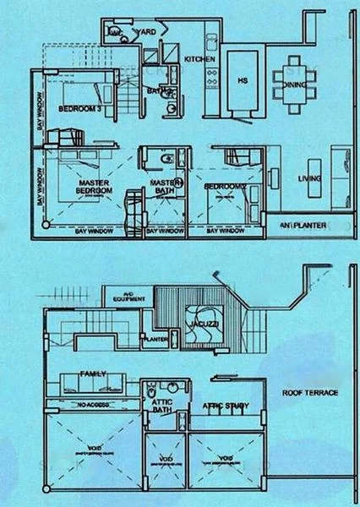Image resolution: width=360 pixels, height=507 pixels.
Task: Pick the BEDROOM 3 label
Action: click(81, 110)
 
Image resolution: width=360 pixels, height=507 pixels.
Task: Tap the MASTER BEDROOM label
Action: click(95, 187)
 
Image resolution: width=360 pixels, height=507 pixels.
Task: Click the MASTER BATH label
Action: click(161, 187)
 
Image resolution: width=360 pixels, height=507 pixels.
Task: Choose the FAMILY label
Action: click(91, 373)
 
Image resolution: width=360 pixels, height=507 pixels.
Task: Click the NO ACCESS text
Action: click(88, 406)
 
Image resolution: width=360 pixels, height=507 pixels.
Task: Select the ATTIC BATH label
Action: click(161, 409)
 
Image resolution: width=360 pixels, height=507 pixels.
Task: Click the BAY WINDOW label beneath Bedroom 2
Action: click(225, 229)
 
